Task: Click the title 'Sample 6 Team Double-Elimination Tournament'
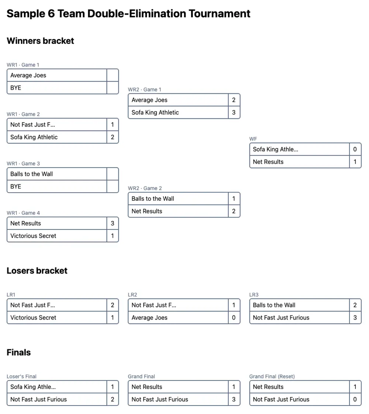(128, 14)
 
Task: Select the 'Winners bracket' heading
(40, 41)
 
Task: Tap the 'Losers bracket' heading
(37, 271)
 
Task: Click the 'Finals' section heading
(18, 353)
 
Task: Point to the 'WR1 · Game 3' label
(23, 163)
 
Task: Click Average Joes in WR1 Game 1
(28, 75)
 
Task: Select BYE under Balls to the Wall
(16, 187)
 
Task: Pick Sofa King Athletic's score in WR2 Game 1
(234, 113)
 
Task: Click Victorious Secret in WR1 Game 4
(33, 236)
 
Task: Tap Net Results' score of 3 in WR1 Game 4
(113, 223)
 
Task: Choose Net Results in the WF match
(268, 162)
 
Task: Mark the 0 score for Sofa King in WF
(355, 149)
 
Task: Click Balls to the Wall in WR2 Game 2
(153, 199)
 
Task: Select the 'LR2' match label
(132, 295)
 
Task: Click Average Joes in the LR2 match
(149, 318)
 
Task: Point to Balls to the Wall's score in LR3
(355, 305)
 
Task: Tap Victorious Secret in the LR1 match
(33, 318)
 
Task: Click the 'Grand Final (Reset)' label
(272, 377)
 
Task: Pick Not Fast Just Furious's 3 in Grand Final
(234, 399)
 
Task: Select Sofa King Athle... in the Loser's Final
(33, 387)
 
